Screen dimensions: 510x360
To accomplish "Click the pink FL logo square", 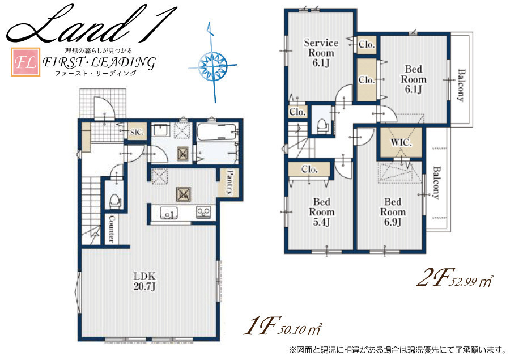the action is click(25, 62).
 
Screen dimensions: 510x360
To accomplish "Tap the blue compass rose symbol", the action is click(212, 63).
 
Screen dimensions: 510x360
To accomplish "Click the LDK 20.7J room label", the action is click(144, 282).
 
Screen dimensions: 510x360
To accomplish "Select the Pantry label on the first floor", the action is click(230, 183).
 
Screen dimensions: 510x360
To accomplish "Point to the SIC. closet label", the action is click(137, 132).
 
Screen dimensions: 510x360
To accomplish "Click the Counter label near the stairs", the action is click(111, 229).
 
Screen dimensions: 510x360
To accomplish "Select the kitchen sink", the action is click(169, 213).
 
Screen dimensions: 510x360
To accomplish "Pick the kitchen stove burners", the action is click(203, 212).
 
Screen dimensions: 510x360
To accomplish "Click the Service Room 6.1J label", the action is click(321, 53).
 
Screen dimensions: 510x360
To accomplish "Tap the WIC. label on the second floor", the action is click(401, 142).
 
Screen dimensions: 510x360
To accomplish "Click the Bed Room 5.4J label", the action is click(321, 212).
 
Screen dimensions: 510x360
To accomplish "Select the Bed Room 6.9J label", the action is click(393, 212).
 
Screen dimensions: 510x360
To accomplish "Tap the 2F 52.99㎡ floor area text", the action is click(454, 280).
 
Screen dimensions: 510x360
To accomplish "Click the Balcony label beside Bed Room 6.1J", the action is click(461, 85).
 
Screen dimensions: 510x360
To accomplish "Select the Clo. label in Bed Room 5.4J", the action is click(309, 170).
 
